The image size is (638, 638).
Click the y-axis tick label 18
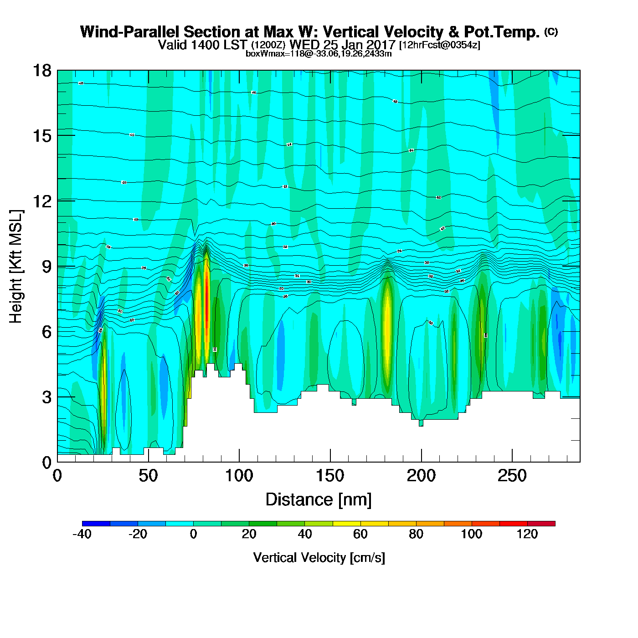41,71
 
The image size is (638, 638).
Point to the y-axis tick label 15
41,136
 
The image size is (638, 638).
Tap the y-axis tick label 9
46,267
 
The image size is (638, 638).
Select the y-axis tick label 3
46,397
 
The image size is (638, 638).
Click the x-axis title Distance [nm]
319,500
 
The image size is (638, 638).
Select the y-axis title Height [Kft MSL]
16,267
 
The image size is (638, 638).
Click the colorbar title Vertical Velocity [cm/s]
319,557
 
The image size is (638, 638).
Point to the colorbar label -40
82,534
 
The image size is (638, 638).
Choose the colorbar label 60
360,534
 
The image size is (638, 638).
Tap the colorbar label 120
527,534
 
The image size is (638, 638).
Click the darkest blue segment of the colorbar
96,524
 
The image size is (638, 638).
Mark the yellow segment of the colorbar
347,524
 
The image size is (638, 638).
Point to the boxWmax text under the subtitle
319,53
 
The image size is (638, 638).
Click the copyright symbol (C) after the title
551,31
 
